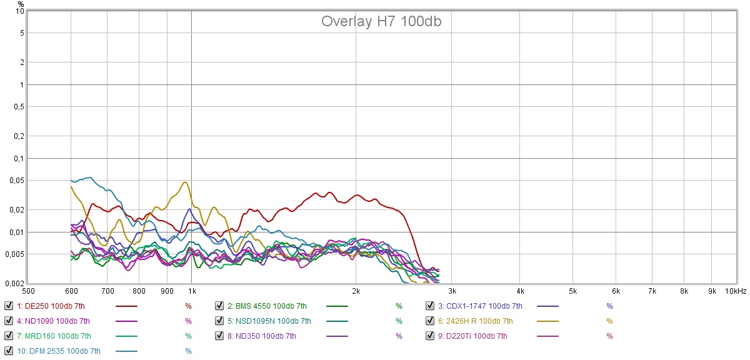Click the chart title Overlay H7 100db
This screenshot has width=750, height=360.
tap(382, 21)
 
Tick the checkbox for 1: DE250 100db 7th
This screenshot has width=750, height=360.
tap(8, 306)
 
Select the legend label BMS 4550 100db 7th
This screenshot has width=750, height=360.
tap(267, 306)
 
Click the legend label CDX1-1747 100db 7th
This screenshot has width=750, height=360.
tap(480, 306)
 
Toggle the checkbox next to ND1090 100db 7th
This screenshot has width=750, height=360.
tap(8, 321)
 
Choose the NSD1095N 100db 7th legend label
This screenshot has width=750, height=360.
tap(269, 321)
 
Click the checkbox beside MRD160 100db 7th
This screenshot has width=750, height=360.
tap(8, 336)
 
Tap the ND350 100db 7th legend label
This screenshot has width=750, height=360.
tap(262, 336)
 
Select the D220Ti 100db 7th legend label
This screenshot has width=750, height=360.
tap(473, 336)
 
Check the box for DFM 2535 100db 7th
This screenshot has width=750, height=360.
tap(8, 351)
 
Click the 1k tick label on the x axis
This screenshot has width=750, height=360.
tap(192, 291)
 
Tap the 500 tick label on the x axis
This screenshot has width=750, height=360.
tap(28, 291)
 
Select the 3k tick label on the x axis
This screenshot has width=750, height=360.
tap(452, 291)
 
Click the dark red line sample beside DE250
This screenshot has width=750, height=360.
tap(127, 306)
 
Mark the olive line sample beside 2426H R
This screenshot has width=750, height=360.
tap(548, 321)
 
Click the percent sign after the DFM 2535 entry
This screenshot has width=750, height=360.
tap(188, 351)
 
